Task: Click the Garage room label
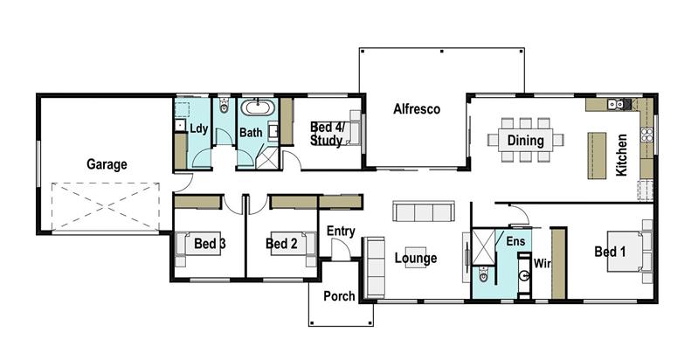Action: coord(106,163)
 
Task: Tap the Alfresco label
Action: coord(416,109)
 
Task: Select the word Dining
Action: coord(525,140)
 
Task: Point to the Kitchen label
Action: coord(621,156)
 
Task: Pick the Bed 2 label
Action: coord(282,244)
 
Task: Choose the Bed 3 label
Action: coord(210,244)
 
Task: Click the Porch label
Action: coord(339,296)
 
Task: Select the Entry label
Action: coord(340,231)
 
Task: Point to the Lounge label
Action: coord(415,259)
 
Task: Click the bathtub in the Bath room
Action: coord(256,109)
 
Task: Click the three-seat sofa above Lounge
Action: coord(423,211)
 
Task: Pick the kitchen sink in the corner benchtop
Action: coord(619,104)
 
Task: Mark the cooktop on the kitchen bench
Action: coord(646,135)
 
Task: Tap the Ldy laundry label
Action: coord(199,129)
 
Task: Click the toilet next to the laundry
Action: coord(225,107)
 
